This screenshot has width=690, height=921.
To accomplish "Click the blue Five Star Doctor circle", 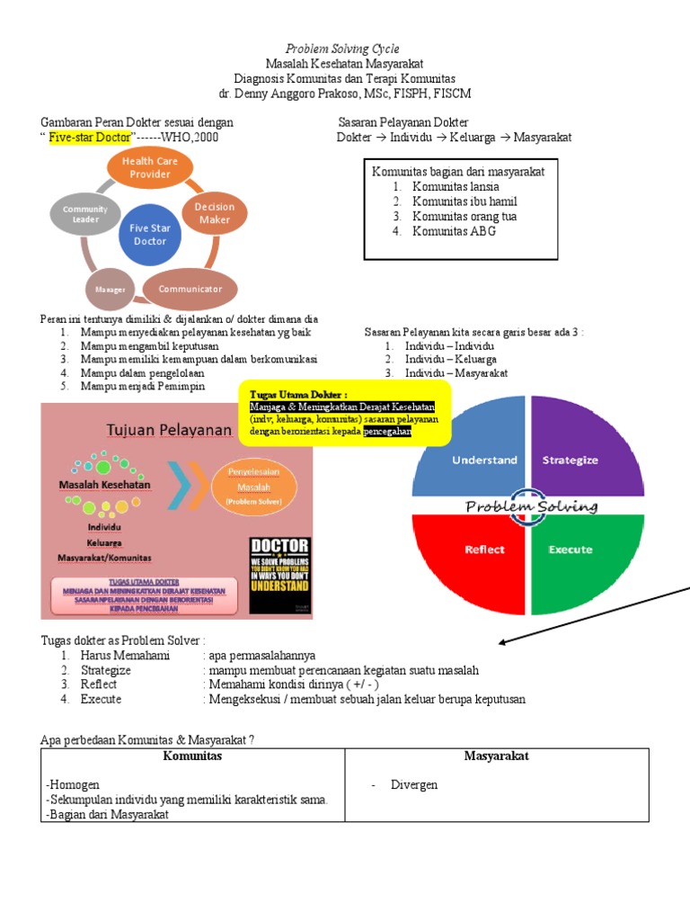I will tap(150, 235).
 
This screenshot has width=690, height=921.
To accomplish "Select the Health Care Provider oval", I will tap(150, 167).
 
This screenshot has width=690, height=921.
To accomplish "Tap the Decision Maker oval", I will tap(215, 213).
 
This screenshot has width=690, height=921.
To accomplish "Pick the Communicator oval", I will tap(190, 290).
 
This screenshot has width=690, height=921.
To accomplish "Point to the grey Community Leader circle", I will tap(85, 214).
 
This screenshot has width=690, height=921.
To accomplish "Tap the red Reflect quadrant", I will tap(473, 558).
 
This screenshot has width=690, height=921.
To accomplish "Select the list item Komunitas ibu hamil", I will tap(464, 201).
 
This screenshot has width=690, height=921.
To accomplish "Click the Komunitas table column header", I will tap(192, 756).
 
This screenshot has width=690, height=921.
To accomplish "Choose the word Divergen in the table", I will tap(414, 785).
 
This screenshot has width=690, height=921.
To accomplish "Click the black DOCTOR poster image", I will tap(279, 577).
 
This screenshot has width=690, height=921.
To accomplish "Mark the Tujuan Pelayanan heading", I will tap(169, 430).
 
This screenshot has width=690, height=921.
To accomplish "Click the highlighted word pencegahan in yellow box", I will tap(387, 432).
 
